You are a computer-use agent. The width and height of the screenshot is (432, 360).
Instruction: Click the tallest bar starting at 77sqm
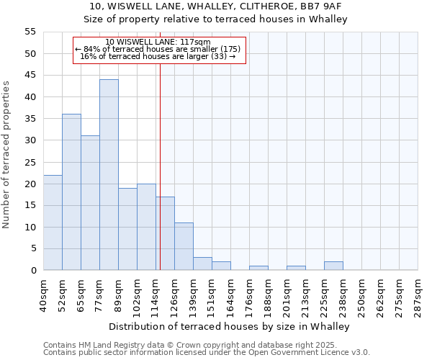pos(109,175)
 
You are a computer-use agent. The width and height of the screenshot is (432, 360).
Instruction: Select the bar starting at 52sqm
pos(71,192)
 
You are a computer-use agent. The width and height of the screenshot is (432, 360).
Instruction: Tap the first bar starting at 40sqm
pos(53,222)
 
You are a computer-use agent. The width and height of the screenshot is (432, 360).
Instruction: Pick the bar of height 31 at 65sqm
pos(90,203)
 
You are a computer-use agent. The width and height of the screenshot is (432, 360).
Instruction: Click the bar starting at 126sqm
pos(184,246)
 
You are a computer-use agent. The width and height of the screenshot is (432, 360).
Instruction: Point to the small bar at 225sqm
pos(333,266)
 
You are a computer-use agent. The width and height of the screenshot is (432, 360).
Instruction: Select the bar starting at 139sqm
pos(202,264)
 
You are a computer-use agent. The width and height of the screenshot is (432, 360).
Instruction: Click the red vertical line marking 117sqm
pos(160,166)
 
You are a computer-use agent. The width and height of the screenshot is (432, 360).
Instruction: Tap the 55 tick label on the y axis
pos(30,32)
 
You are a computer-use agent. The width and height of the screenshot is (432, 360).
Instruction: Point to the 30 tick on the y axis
pos(30,140)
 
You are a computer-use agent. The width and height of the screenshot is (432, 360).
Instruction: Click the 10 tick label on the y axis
pos(30,227)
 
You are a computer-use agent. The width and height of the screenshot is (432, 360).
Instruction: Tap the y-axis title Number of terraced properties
pos(7,154)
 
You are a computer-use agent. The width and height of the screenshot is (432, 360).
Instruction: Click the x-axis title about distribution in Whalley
pos(230,326)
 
